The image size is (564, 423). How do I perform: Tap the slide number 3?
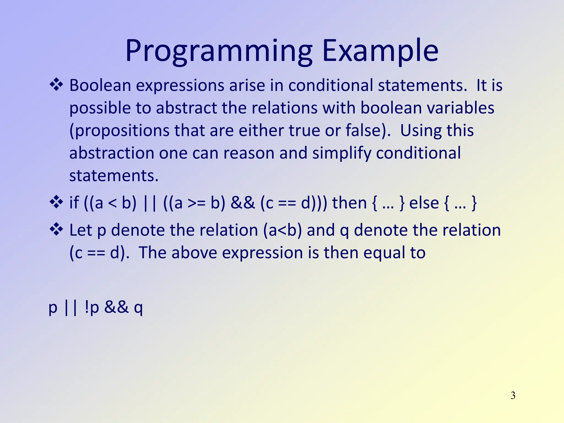(x=513, y=395)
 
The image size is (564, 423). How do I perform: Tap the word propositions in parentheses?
(x=120, y=131)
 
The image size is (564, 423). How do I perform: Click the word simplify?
(x=341, y=153)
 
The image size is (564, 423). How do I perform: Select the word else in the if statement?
(x=424, y=203)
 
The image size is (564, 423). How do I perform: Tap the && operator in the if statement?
(x=243, y=203)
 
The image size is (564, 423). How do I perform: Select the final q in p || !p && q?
(x=138, y=308)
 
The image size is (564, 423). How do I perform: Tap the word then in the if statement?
(x=349, y=203)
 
